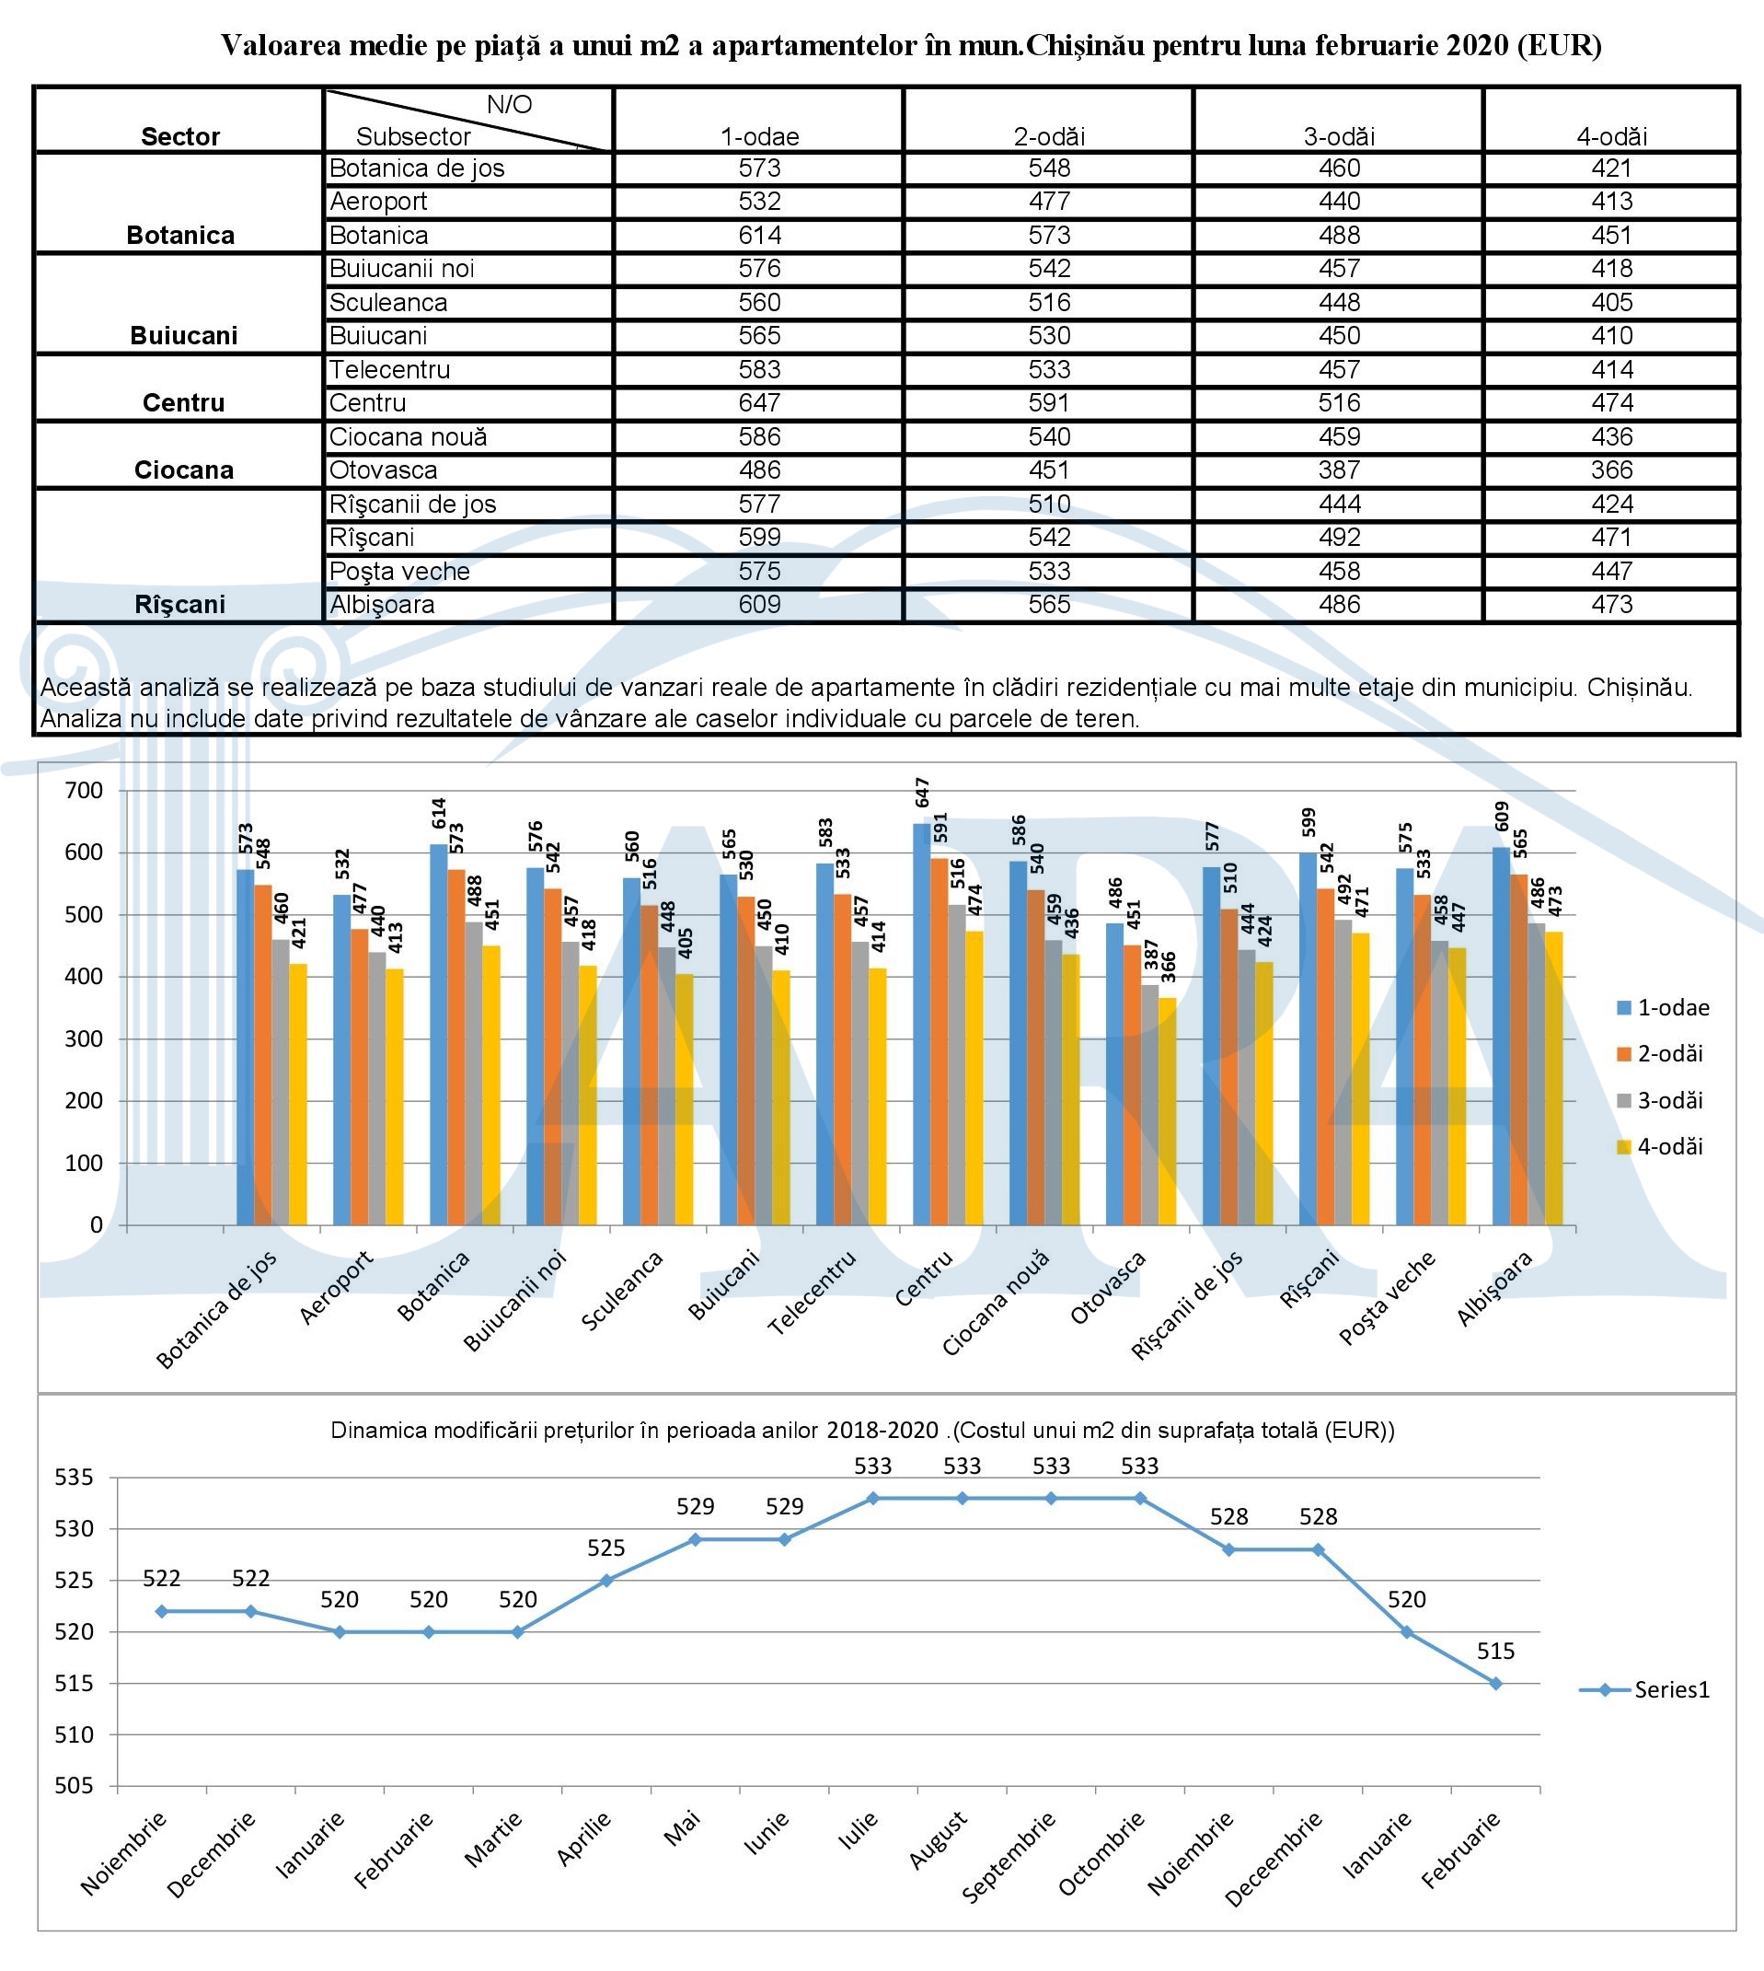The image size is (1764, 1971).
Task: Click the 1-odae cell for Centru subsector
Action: [759, 403]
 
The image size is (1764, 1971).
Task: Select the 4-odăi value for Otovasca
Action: [1611, 470]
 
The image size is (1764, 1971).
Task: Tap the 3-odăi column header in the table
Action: [1339, 136]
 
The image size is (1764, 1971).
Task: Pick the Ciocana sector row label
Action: [183, 470]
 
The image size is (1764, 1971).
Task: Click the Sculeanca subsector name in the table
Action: [387, 303]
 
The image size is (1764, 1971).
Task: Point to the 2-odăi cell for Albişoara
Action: [1049, 605]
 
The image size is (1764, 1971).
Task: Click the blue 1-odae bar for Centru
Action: [922, 1024]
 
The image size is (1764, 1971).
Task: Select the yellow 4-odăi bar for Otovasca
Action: [1168, 1111]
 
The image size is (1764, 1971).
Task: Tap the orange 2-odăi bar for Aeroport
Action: [360, 1077]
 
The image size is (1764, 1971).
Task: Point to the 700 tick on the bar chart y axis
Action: [84, 790]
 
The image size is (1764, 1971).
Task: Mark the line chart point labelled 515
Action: [1495, 1683]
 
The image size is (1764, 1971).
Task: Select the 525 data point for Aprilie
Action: [605, 1581]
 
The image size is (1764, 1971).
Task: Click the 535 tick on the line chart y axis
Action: [74, 1478]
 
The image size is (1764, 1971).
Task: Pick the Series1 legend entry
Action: [1644, 1690]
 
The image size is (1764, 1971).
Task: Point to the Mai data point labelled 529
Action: [695, 1539]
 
